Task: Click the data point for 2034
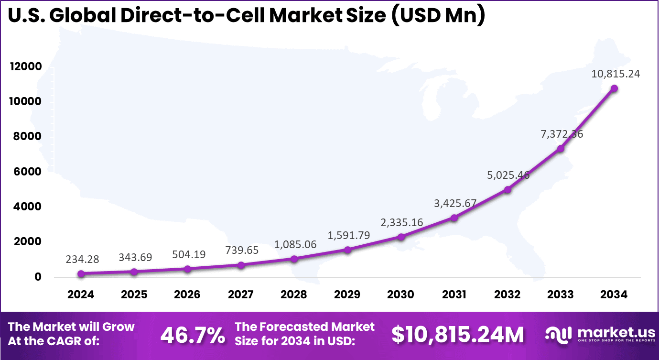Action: click(614, 88)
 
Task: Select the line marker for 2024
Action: click(81, 274)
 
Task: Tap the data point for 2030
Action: click(401, 237)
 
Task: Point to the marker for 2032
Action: click(508, 190)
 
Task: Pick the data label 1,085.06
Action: click(295, 244)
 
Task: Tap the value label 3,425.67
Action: click(455, 203)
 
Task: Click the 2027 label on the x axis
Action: click(241, 295)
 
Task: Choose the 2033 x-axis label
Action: click(561, 295)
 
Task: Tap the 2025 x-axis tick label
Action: click(134, 295)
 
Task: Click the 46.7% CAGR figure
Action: click(193, 335)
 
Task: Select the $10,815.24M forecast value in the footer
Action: click(457, 335)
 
